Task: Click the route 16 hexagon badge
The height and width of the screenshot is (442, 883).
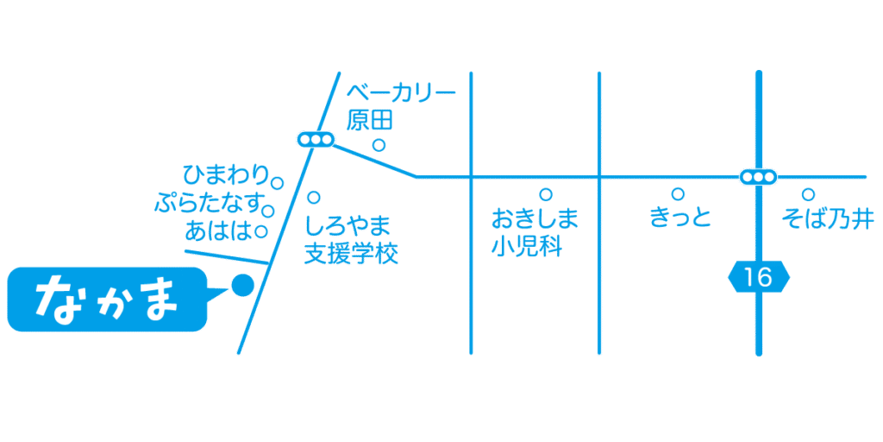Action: (759, 278)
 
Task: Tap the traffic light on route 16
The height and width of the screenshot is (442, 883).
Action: (758, 177)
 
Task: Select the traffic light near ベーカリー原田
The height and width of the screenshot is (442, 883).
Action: (316, 139)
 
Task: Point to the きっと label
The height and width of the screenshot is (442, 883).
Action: (680, 218)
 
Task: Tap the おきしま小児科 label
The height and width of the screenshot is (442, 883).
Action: (534, 232)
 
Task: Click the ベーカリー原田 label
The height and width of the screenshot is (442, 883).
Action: (400, 107)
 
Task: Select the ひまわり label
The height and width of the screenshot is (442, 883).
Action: (227, 175)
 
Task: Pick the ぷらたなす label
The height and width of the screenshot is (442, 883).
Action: (210, 203)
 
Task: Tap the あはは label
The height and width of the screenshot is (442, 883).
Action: (219, 230)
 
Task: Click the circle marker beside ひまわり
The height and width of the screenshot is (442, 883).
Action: (277, 183)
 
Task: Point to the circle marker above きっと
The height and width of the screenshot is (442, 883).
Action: (679, 194)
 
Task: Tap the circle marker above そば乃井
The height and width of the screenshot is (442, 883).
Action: (808, 194)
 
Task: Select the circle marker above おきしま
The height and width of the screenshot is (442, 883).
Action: (545, 194)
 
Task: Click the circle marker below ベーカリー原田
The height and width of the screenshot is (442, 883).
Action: (379, 145)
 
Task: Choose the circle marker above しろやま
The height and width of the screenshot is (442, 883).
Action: (314, 198)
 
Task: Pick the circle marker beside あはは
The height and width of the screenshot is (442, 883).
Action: (260, 230)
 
